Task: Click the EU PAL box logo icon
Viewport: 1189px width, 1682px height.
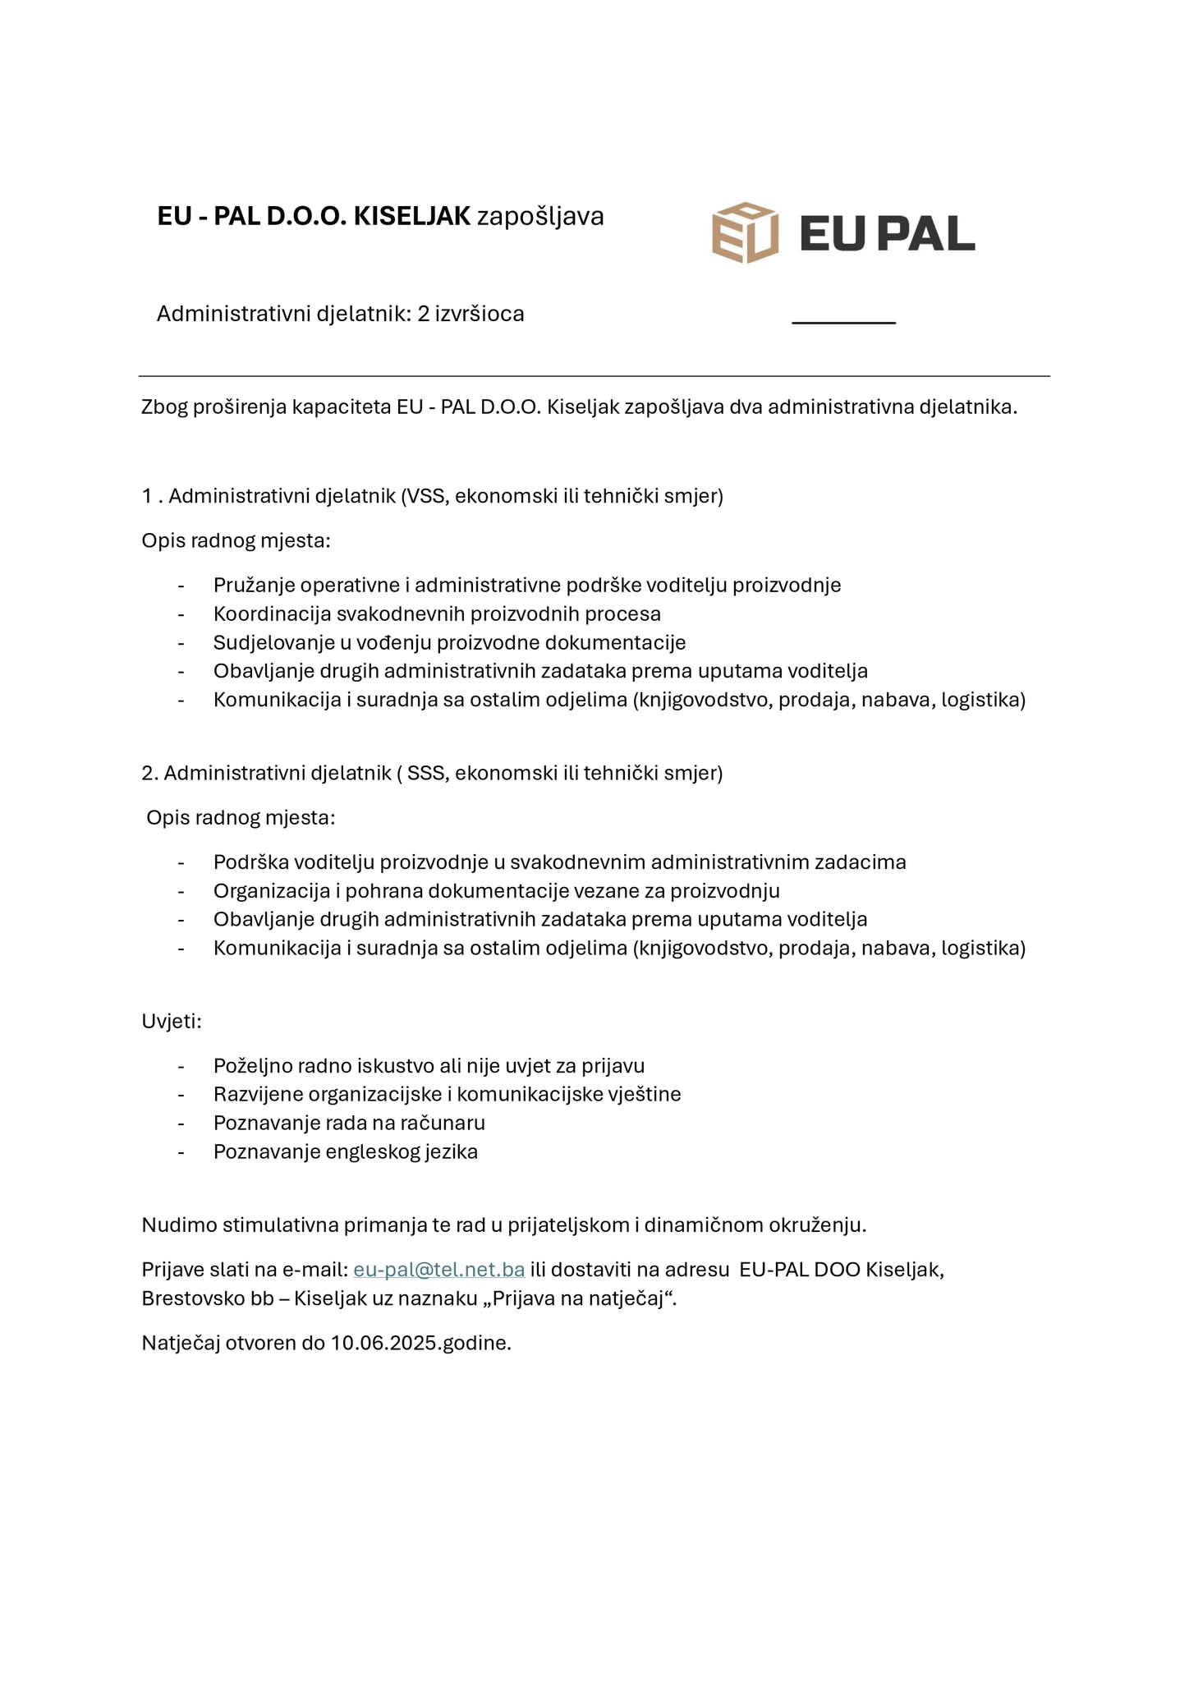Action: [745, 232]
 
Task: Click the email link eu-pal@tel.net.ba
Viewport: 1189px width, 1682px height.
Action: [438, 1269]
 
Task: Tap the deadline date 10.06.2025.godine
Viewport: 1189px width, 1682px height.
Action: [420, 1343]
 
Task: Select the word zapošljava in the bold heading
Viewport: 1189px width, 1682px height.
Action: [540, 216]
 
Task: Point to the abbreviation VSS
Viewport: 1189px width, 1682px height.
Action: [425, 496]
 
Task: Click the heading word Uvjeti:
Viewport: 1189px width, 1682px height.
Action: [171, 1021]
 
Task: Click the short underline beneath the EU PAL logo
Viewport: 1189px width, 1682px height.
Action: [843, 323]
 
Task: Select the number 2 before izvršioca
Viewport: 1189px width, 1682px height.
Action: [423, 314]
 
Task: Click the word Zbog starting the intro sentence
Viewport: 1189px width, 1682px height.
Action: [163, 407]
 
